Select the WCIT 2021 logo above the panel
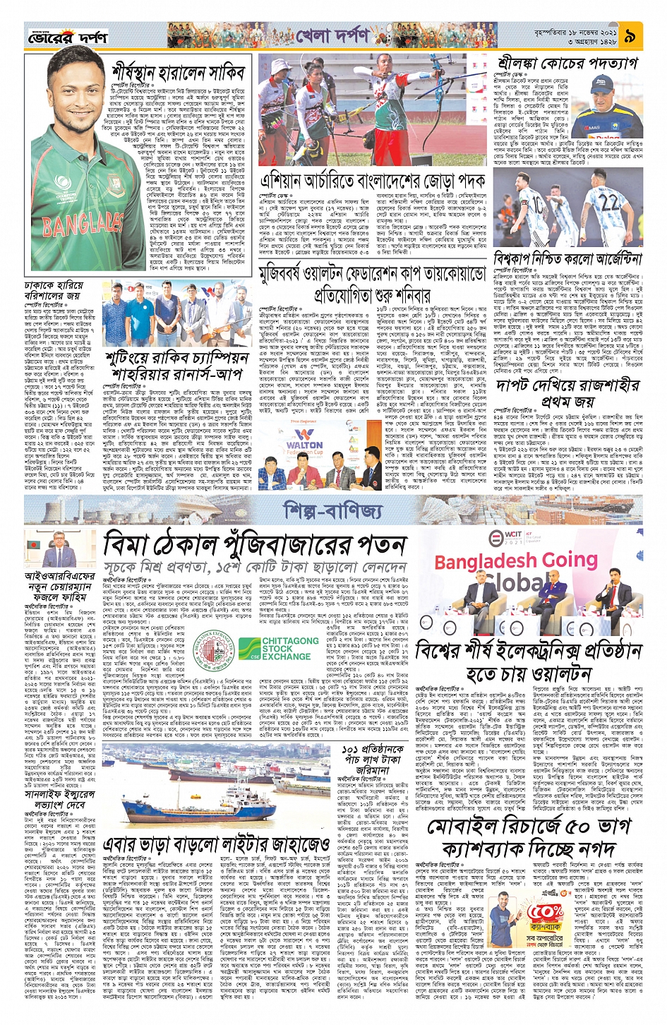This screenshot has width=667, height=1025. coord(515,538)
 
